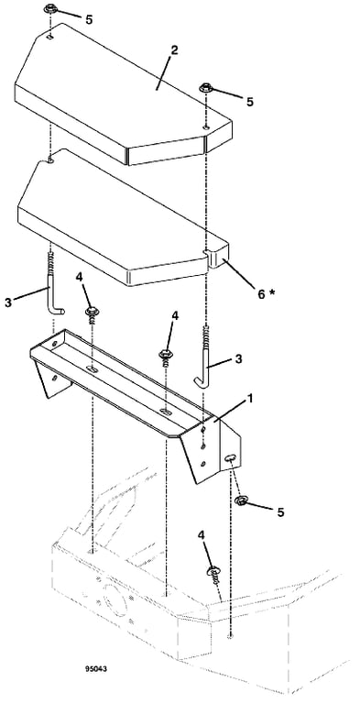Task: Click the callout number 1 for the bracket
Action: (250, 399)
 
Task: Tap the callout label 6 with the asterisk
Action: (266, 293)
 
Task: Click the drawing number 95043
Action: (96, 669)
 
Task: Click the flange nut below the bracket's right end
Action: (241, 500)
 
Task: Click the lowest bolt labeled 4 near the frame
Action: (213, 575)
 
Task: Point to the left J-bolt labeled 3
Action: (53, 287)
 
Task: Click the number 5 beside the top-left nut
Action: (90, 19)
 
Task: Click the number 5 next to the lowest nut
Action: (280, 512)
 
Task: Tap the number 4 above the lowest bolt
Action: (202, 534)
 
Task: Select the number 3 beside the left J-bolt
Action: (8, 303)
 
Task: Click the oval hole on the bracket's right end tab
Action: (229, 457)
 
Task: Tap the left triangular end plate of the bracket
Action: (51, 378)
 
